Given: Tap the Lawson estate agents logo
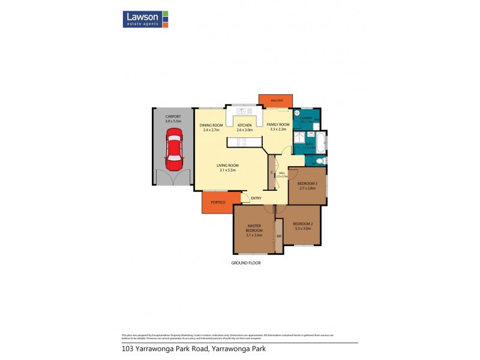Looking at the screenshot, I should tap(146, 19).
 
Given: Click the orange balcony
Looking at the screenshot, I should tap(276, 101).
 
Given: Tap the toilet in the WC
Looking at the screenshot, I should tap(320, 161).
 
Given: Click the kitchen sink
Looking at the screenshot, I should tap(244, 111).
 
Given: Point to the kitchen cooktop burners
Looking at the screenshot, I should tap(241, 142).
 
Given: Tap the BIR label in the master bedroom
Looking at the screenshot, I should tap(279, 236).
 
